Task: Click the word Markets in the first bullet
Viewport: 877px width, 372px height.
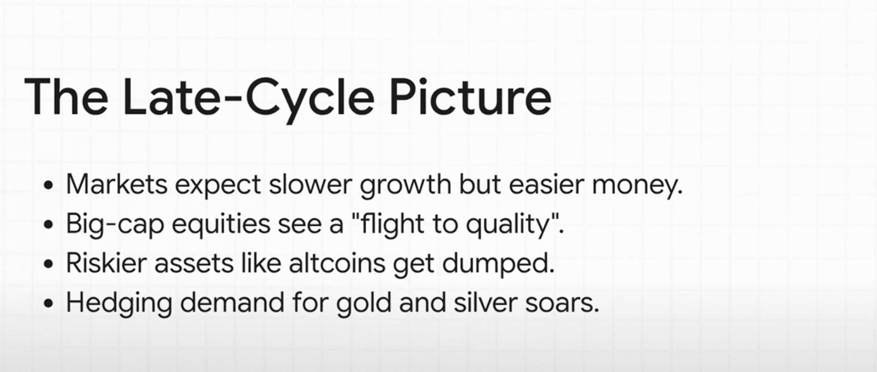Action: click(117, 184)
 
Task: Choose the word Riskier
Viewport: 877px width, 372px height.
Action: click(106, 264)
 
